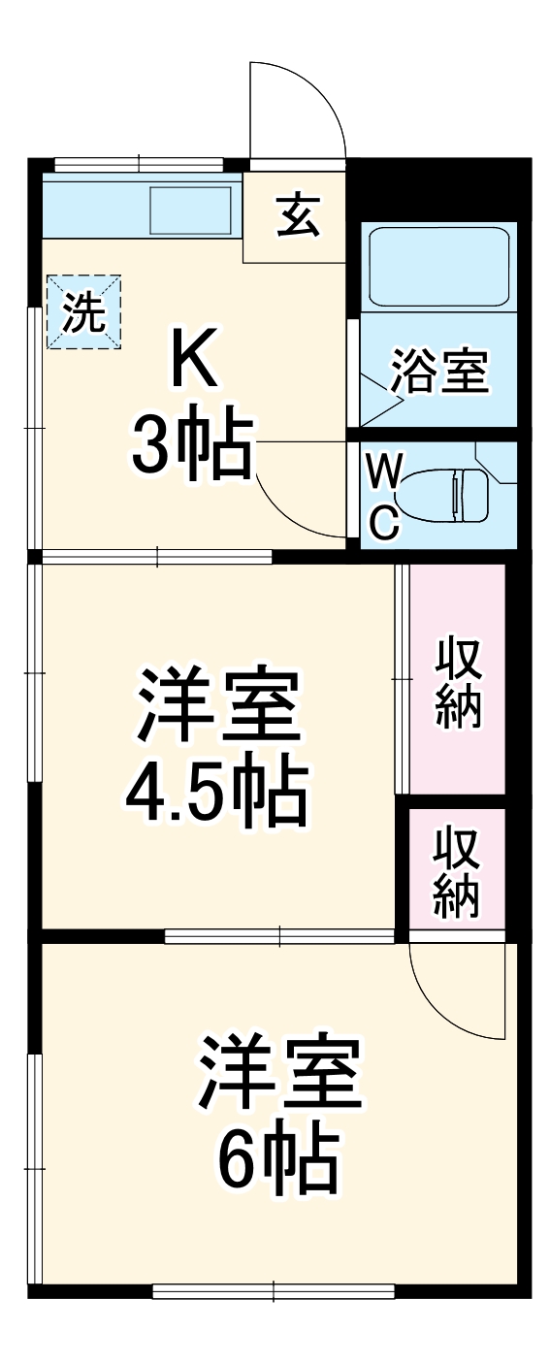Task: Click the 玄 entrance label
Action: pyautogui.click(x=298, y=215)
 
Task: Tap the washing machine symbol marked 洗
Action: pyautogui.click(x=84, y=311)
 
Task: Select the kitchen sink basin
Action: pyautogui.click(x=190, y=210)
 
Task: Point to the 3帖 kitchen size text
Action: pyautogui.click(x=192, y=445)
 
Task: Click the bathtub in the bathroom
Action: pyautogui.click(x=439, y=267)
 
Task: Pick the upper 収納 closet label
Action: pyautogui.click(x=458, y=683)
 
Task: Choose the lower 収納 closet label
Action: pyautogui.click(x=457, y=872)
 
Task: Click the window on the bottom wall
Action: pyautogui.click(x=274, y=1290)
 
